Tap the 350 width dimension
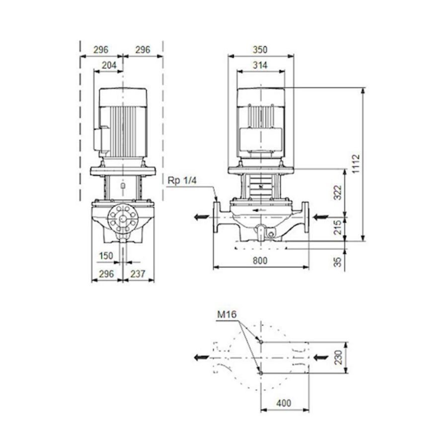260,50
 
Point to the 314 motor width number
260,66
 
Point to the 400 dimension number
284,403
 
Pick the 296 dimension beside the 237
106,274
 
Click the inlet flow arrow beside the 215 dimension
320,217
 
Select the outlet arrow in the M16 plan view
202,357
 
